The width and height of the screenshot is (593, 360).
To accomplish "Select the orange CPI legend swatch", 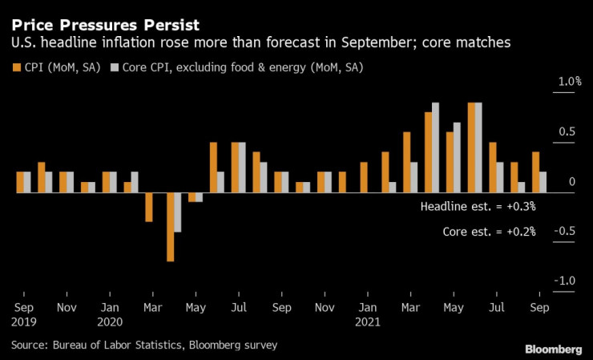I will [16, 67].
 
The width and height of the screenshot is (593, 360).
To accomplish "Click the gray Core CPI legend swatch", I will [114, 67].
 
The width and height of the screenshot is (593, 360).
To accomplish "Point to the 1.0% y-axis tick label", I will [547, 82].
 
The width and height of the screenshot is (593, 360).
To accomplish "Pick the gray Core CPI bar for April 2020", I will [178, 212].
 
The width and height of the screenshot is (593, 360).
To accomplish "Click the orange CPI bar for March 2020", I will [149, 207].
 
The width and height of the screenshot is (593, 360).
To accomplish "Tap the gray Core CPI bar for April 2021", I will [436, 148].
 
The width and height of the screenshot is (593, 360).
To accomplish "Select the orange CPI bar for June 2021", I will [471, 148].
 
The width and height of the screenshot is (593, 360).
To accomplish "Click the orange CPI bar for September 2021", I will [535, 172].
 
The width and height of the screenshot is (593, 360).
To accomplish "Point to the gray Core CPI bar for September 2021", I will [543, 182].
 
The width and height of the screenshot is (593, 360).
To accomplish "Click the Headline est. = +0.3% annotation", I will [478, 207].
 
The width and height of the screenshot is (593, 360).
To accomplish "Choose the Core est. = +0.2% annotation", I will [489, 232].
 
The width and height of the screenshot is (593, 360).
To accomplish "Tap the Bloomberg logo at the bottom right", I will [553, 349].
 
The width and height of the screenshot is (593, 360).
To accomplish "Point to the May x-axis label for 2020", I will [196, 307].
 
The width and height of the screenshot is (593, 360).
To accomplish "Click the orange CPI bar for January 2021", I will [364, 177].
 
